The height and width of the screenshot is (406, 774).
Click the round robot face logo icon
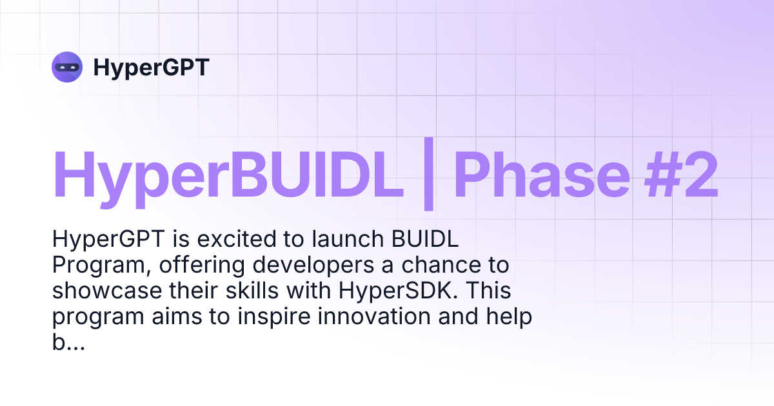(67, 67)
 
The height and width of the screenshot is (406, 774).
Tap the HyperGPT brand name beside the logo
(152, 67)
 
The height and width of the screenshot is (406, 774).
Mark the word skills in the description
(252, 291)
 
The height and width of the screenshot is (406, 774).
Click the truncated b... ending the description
(68, 343)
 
